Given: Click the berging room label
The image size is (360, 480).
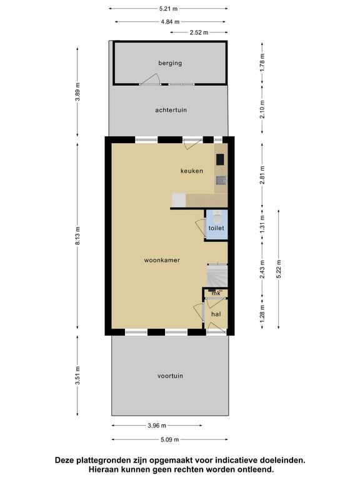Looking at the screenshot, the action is point(170,63).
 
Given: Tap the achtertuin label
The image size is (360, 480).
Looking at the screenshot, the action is point(171,110).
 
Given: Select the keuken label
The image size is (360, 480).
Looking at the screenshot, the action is point(192,171).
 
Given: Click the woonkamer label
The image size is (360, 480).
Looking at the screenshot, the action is point(162,260).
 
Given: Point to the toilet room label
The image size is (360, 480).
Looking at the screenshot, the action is point(216,228).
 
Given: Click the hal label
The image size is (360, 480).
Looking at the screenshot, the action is point(216,314).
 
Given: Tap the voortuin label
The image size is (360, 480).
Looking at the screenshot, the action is point(170,376).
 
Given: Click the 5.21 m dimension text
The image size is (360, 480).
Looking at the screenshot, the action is point(168,9).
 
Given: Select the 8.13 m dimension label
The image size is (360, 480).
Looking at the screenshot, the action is point(77,236).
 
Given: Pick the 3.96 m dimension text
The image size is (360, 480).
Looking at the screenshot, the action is point(157,426).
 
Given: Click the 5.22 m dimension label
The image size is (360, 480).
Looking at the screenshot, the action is point(279,269).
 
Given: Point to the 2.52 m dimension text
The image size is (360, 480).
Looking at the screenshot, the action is point(199,32).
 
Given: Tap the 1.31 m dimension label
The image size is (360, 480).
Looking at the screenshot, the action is point(262,224).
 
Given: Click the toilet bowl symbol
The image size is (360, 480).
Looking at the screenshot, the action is point(217,217).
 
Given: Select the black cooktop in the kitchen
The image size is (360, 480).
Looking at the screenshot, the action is point(220,159).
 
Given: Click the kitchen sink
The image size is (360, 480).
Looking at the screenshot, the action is point(221,181).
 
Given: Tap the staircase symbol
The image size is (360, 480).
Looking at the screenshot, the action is point(217,276).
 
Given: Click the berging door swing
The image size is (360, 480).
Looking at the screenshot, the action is point(151,79).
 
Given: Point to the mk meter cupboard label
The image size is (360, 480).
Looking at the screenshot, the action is point(216,293).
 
